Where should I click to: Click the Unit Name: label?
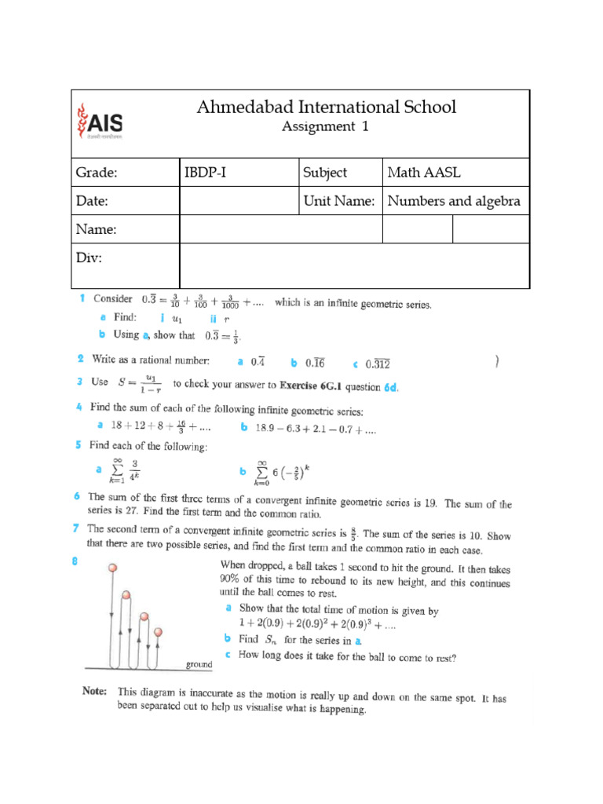338,201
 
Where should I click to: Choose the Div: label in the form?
89,258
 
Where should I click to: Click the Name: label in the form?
96,229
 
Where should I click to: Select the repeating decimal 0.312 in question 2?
375,363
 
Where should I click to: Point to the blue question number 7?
77,528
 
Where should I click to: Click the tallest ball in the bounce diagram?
113,568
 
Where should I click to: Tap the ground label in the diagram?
199,665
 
